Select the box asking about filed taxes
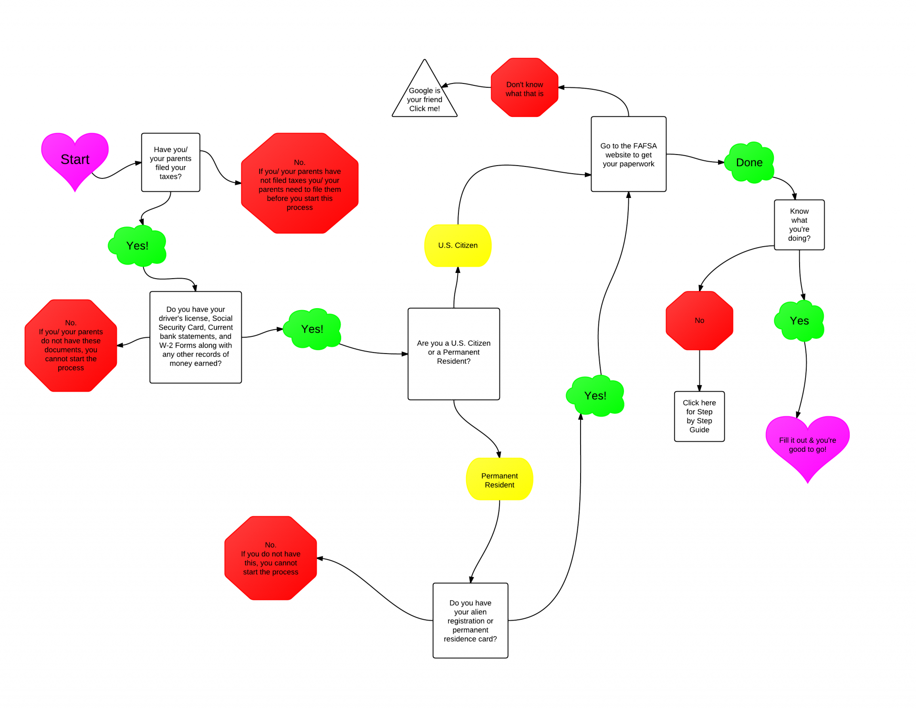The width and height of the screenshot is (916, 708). (170, 163)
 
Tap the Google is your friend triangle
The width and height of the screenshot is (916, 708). (425, 98)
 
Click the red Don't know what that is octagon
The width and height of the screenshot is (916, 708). (524, 88)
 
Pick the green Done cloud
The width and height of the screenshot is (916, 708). (749, 163)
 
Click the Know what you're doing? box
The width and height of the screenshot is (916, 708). (799, 225)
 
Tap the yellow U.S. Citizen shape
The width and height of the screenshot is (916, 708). (458, 245)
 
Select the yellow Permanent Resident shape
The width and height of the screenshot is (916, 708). (499, 479)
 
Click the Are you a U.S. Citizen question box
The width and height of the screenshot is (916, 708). (454, 354)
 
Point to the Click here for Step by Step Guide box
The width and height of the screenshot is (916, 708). (699, 416)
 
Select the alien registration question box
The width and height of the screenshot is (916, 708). (470, 620)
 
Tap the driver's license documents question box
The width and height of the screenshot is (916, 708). (196, 337)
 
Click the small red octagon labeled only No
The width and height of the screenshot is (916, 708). (699, 321)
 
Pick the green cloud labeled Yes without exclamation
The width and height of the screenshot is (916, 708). (799, 321)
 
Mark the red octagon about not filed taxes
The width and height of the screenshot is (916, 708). (300, 184)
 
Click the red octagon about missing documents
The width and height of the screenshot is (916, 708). (71, 345)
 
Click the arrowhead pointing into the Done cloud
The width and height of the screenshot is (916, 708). (721, 162)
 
